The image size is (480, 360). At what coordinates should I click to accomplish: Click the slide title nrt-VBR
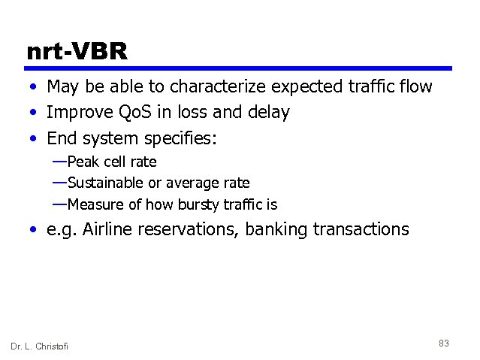(x=77, y=51)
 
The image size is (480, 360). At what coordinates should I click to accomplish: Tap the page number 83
(x=443, y=343)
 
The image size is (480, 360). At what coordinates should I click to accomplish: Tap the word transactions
(x=362, y=229)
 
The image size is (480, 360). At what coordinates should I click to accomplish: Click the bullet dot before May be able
(x=35, y=87)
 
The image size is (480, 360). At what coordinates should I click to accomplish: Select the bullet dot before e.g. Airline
(x=35, y=230)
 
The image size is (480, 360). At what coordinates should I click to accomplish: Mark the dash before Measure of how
(x=59, y=204)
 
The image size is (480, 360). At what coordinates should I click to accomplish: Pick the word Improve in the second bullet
(x=75, y=113)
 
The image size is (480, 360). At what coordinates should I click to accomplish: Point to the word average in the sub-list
(x=197, y=183)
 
